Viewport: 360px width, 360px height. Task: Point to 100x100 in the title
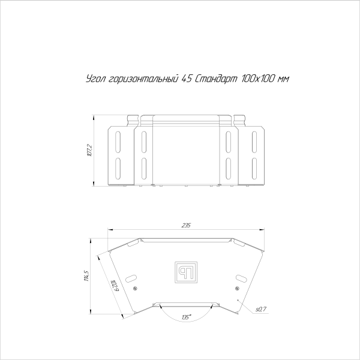pyautogui.click(x=259, y=80)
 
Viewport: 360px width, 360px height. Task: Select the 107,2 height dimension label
pyautogui.click(x=88, y=150)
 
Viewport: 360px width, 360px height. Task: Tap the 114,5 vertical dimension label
pyautogui.click(x=87, y=276)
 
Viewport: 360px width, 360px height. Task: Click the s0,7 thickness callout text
pyautogui.click(x=260, y=309)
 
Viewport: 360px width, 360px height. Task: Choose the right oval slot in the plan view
pyautogui.click(x=241, y=278)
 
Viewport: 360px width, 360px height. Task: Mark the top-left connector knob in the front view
pyautogui.click(x=132, y=119)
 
